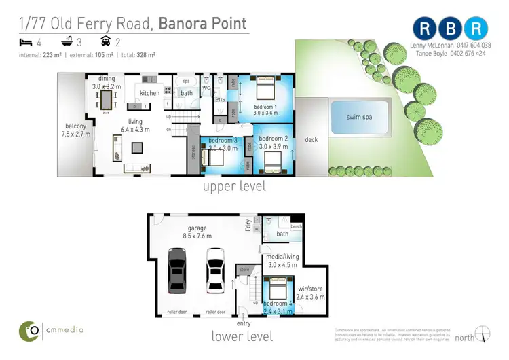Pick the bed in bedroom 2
click(x=273, y=160)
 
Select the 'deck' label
click(x=311, y=139)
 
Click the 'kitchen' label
click(x=149, y=93)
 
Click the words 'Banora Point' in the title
click(x=203, y=23)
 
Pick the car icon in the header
click(x=105, y=41)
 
